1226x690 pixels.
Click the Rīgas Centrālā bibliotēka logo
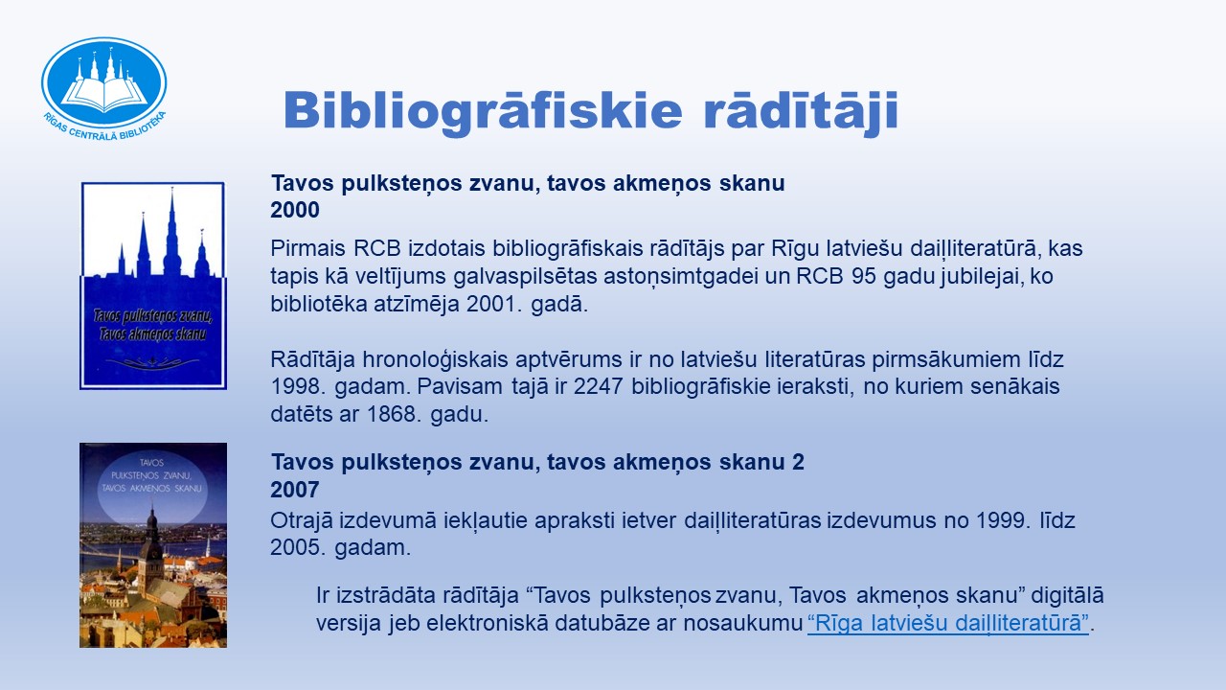tap(104, 87)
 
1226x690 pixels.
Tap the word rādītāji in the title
tap(801, 112)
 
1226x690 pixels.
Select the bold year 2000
tap(295, 210)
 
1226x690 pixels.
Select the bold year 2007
tap(295, 490)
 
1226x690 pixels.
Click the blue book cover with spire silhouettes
tap(153, 286)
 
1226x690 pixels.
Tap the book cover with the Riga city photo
tap(153, 545)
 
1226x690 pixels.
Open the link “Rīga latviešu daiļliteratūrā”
tap(948, 624)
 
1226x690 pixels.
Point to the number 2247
tap(599, 386)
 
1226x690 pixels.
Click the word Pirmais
tap(307, 248)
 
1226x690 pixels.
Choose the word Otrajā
tap(302, 520)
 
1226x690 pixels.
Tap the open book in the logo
tap(104, 93)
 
